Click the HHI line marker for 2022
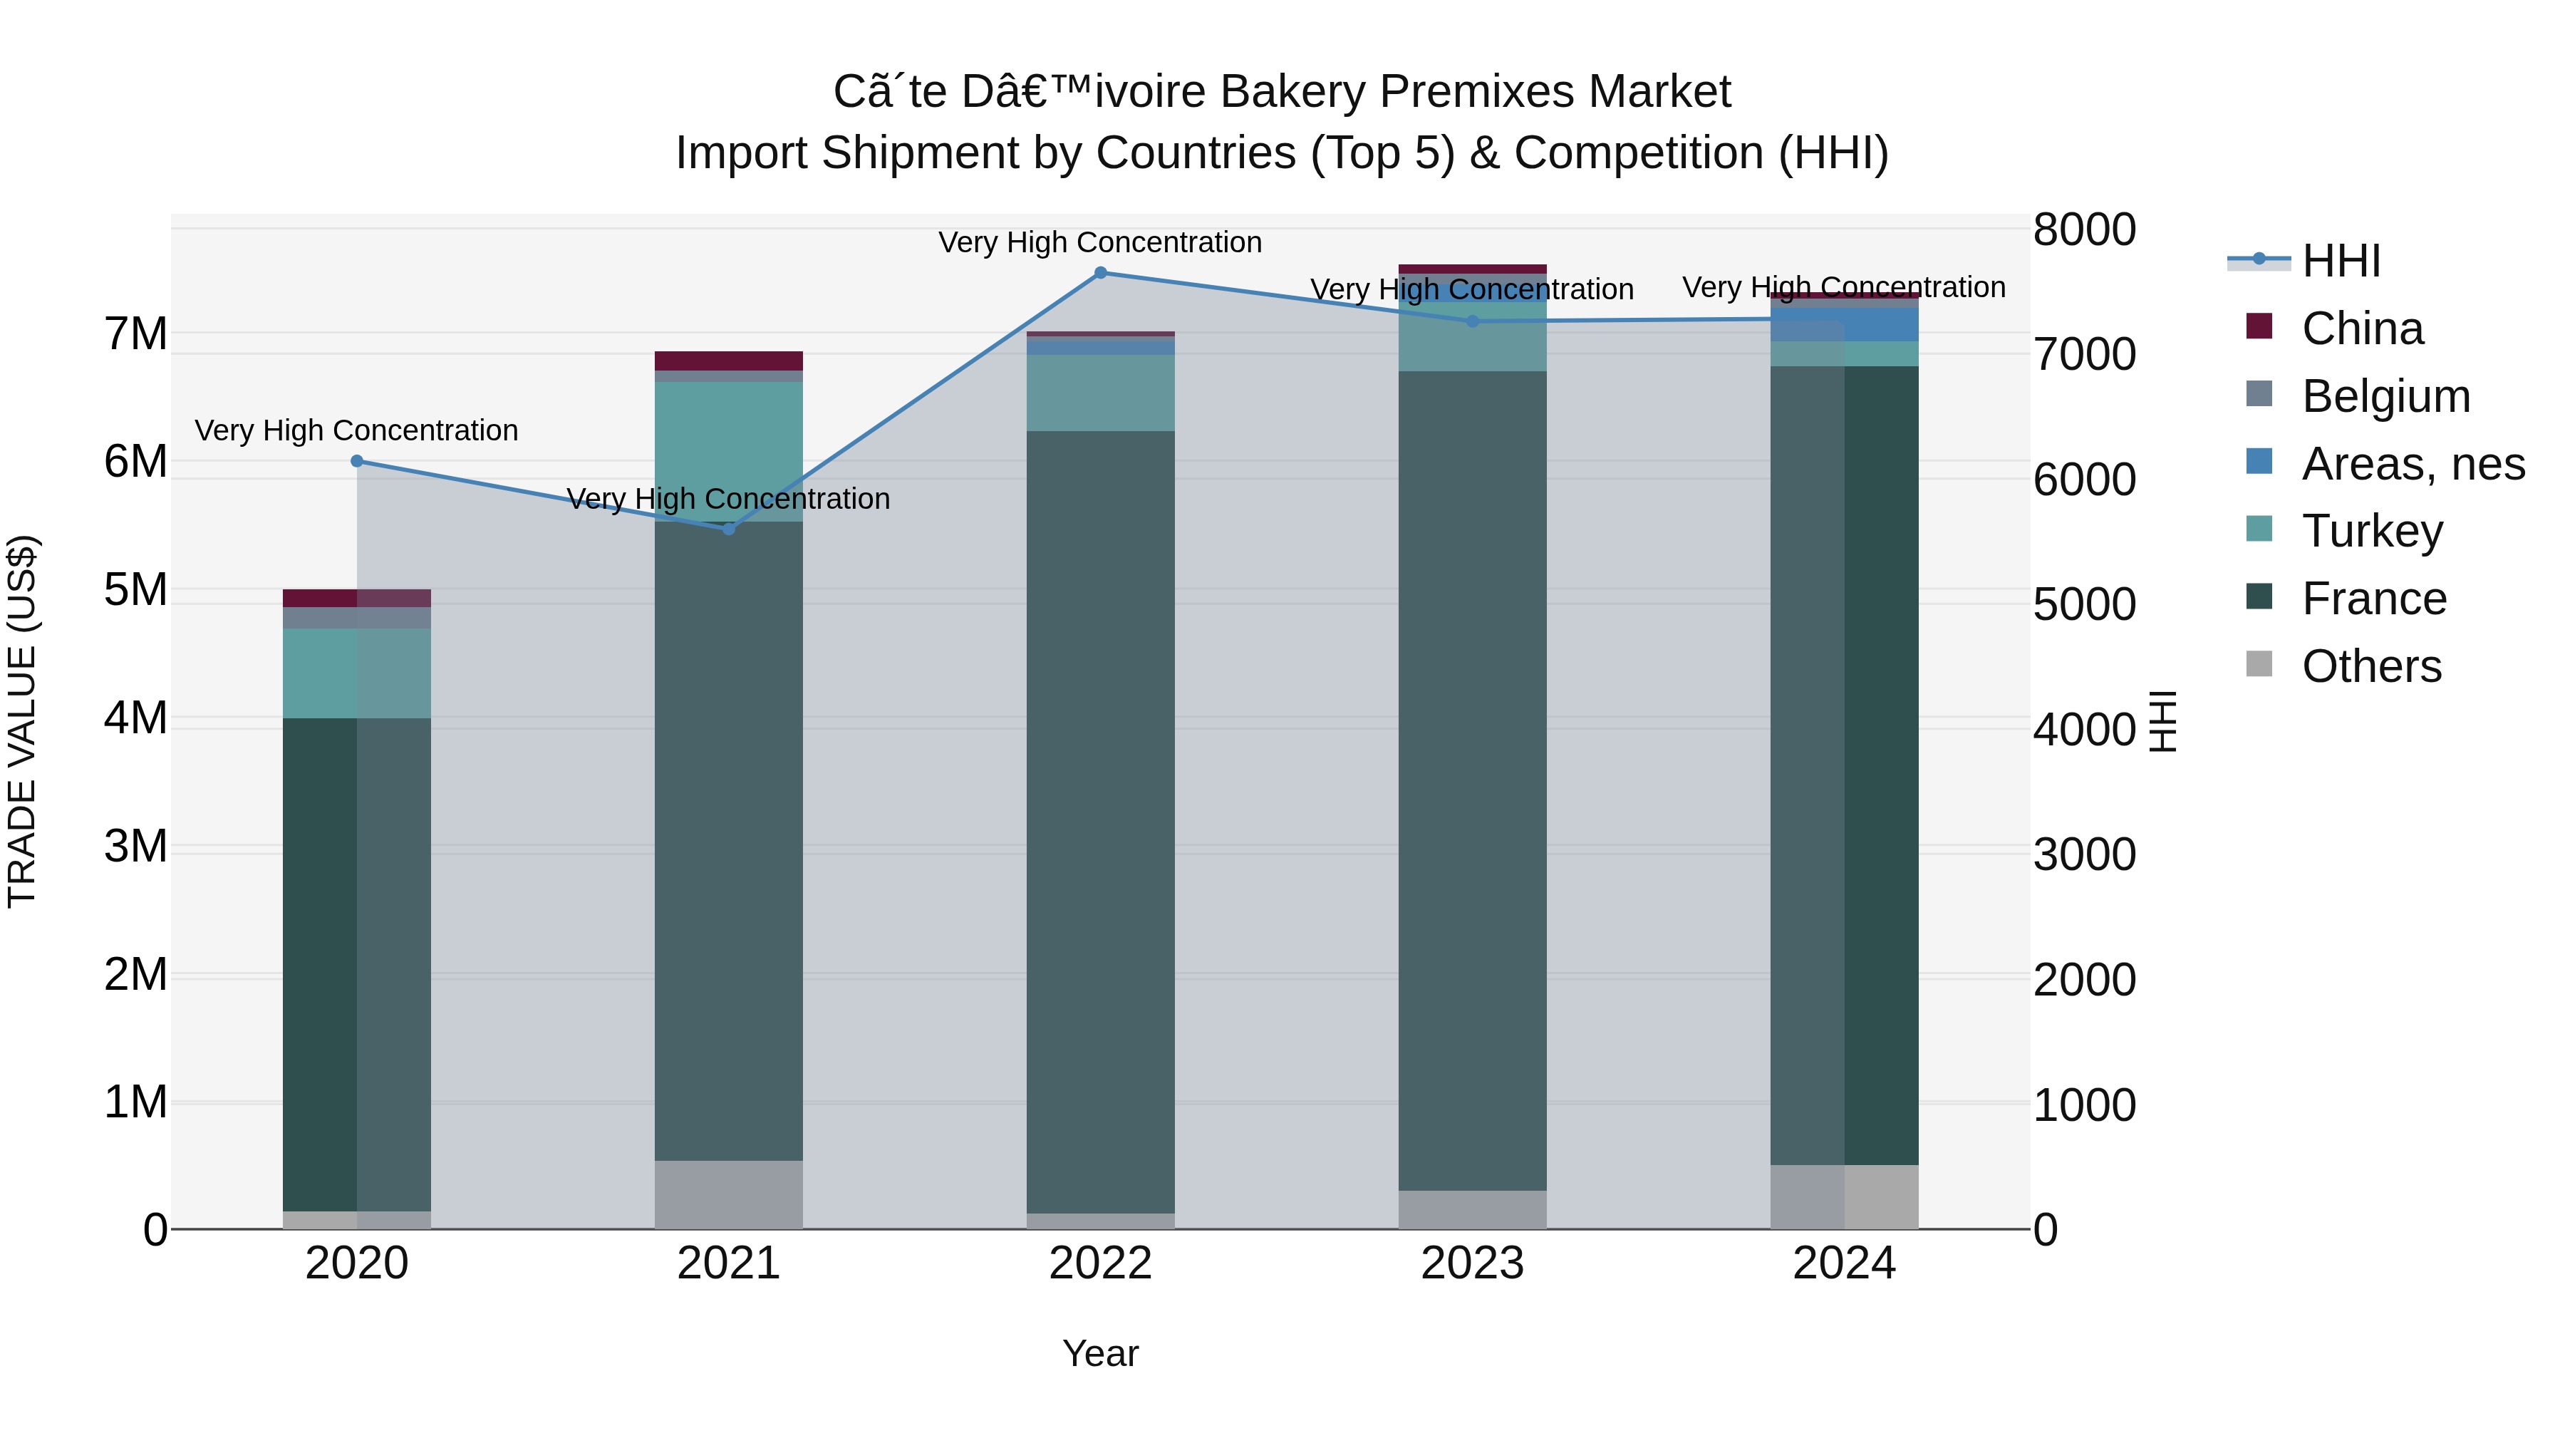(1100, 272)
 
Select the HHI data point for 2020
(356, 461)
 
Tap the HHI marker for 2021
(729, 529)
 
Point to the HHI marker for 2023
(1473, 321)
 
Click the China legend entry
(2362, 329)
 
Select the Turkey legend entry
(2372, 531)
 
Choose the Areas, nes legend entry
(2413, 464)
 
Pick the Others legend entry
(2370, 666)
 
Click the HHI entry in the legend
(2341, 261)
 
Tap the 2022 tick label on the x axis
(1100, 1263)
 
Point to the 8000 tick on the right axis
(2084, 229)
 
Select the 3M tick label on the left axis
(135, 847)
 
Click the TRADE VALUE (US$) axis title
(22, 721)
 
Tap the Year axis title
(1100, 1353)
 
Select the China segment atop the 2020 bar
(356, 598)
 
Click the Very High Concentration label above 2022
(1100, 242)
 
